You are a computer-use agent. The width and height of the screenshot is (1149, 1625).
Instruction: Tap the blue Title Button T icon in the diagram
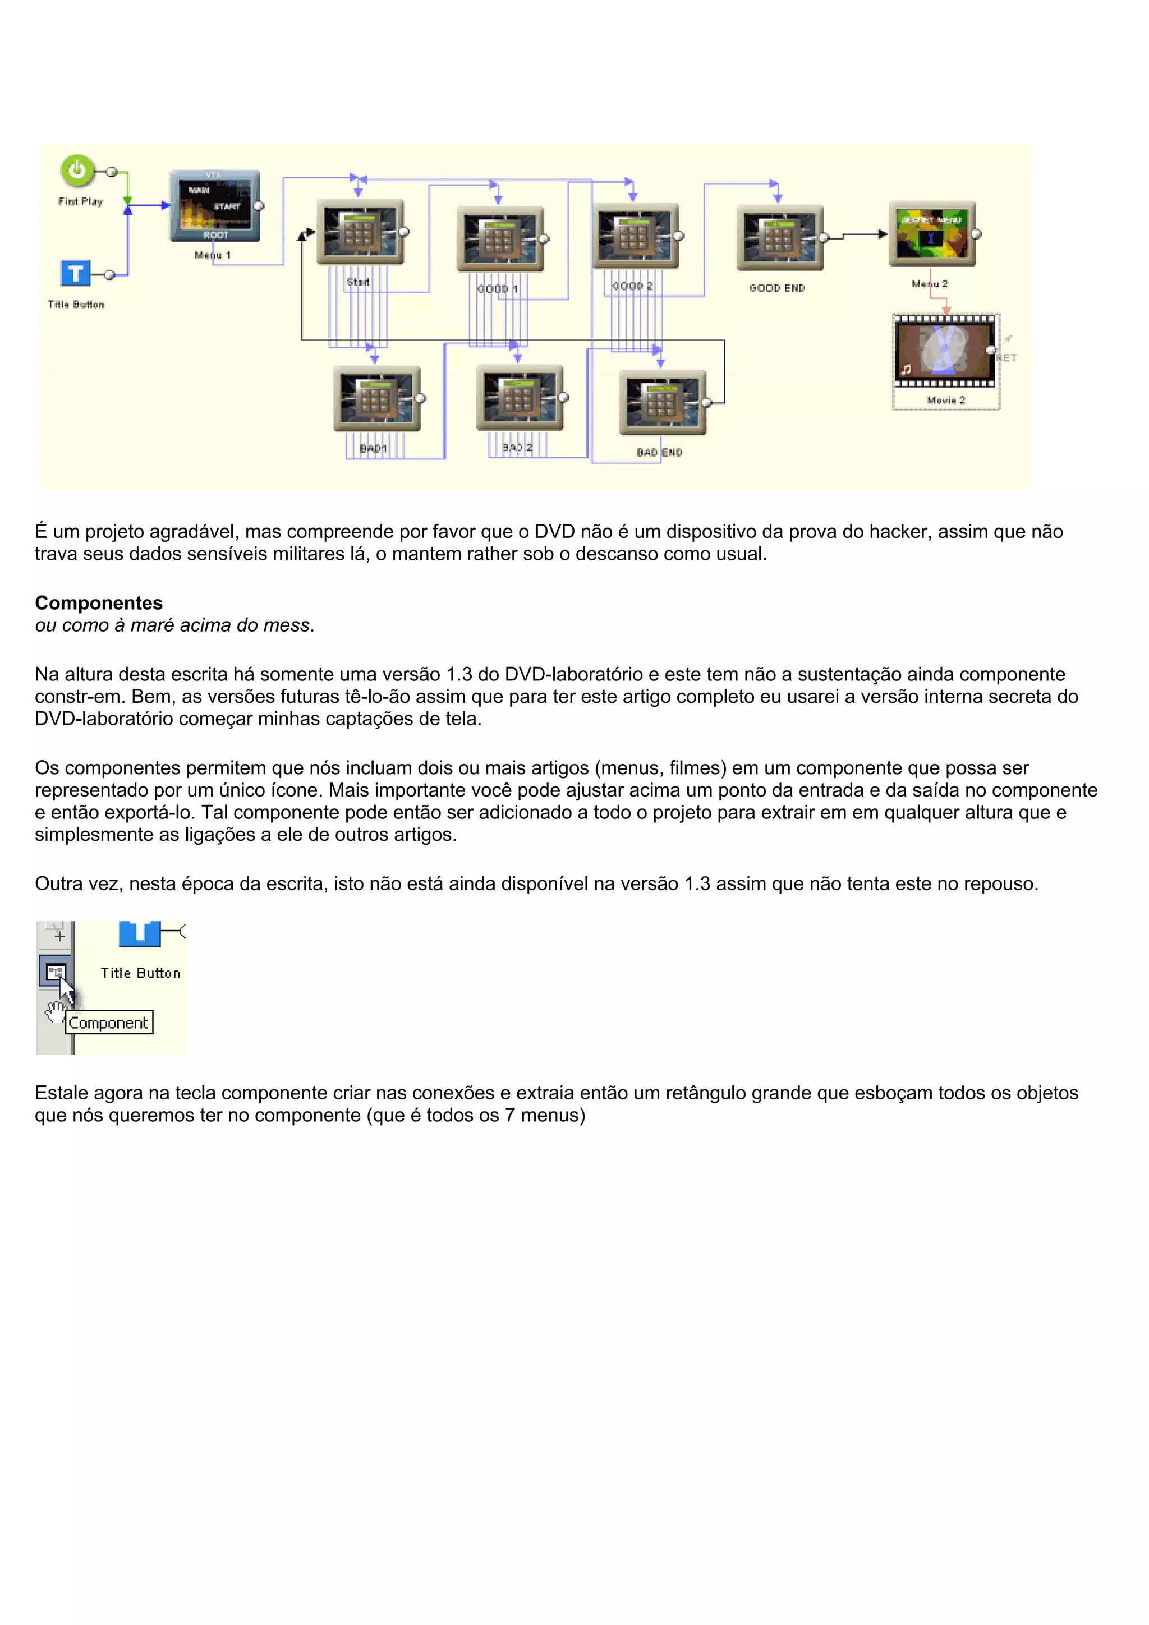pyautogui.click(x=76, y=273)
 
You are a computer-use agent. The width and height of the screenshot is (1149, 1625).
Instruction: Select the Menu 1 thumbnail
pyautogui.click(x=214, y=206)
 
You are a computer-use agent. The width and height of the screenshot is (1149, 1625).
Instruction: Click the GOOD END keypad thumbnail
pyautogui.click(x=779, y=238)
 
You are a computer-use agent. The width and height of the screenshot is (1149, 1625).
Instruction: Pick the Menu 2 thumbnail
pyautogui.click(x=932, y=233)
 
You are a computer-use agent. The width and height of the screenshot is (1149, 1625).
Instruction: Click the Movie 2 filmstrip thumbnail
pyautogui.click(x=944, y=352)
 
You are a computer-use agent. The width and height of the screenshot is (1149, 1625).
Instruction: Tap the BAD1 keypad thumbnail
pyautogui.click(x=376, y=398)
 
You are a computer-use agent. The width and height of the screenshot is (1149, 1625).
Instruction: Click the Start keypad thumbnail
pyautogui.click(x=360, y=232)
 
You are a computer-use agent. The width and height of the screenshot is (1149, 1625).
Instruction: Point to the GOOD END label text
pyautogui.click(x=776, y=288)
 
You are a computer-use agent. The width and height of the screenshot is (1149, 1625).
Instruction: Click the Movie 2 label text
pyautogui.click(x=946, y=401)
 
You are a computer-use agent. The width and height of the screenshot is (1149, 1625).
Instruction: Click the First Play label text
pyautogui.click(x=81, y=202)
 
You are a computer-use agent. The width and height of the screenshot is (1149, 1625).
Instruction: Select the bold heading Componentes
pyautogui.click(x=98, y=603)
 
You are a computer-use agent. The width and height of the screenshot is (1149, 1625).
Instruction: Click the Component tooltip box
pyautogui.click(x=108, y=1023)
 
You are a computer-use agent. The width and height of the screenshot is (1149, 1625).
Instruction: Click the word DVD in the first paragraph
pyautogui.click(x=554, y=532)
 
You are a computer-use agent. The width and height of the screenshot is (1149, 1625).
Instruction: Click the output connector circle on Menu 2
pyautogui.click(x=976, y=233)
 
